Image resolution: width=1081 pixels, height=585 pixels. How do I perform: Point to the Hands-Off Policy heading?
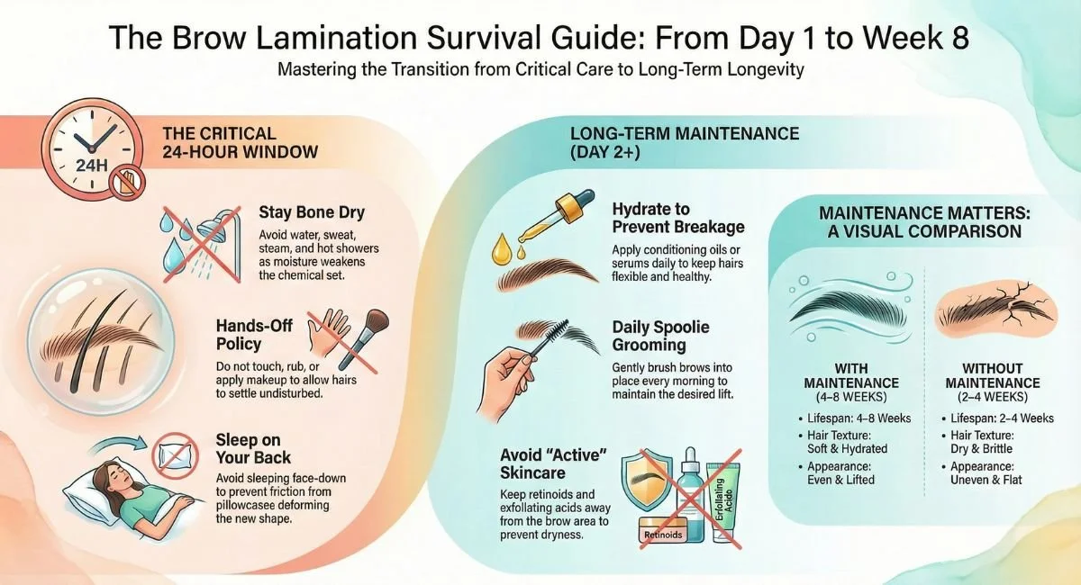coord(254,334)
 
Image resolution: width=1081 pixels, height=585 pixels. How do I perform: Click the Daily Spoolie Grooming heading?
coord(661,336)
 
